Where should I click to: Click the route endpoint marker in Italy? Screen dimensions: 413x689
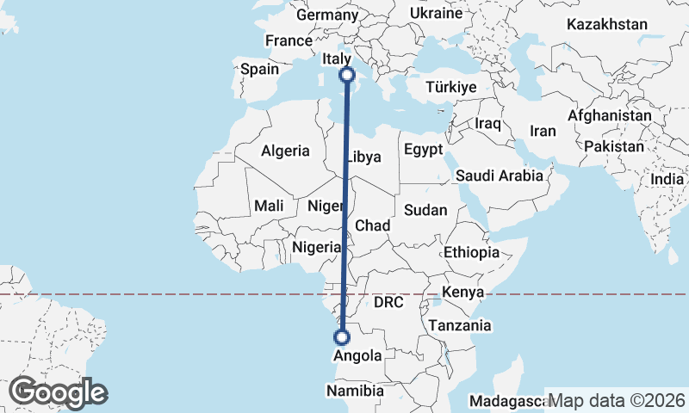[x=348, y=75]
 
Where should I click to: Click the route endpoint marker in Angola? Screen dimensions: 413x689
[x=342, y=337]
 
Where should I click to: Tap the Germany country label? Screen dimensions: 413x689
[x=326, y=15]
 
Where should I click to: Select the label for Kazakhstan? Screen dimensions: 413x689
[x=606, y=24]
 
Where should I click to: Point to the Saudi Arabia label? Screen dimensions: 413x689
[x=500, y=176]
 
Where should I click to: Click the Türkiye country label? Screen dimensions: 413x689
[x=451, y=87]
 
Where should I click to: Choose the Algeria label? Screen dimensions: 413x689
[x=285, y=151]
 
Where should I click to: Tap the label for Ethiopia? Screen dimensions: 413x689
[x=471, y=252]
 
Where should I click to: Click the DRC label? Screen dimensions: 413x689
[x=388, y=303]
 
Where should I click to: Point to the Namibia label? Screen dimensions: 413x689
[x=355, y=391]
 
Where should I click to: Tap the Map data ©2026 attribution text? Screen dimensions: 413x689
[x=618, y=401]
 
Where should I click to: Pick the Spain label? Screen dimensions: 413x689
[x=259, y=69]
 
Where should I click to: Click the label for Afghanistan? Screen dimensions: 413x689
[x=610, y=114]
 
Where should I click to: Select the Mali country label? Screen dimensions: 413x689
[x=269, y=206]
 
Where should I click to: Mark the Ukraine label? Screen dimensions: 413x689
[x=436, y=14]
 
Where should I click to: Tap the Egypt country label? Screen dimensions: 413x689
[x=422, y=147]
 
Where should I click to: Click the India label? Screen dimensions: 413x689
[x=667, y=179]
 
